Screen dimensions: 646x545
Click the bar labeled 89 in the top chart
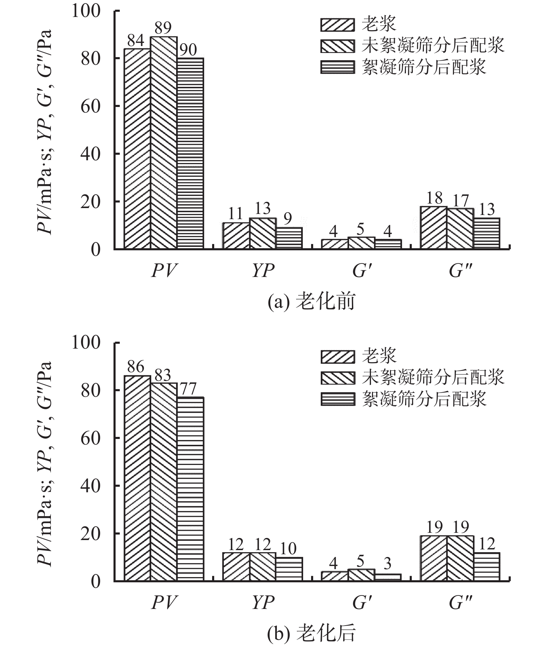[x=164, y=142]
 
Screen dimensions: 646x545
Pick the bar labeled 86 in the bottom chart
[x=137, y=478]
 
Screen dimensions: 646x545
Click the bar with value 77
[x=190, y=488]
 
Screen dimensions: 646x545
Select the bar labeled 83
[x=164, y=481]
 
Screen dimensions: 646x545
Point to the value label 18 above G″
[x=434, y=198]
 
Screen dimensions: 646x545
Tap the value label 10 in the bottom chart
[x=288, y=549]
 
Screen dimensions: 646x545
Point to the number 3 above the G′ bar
[x=388, y=564]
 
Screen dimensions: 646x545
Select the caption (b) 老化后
[x=311, y=633]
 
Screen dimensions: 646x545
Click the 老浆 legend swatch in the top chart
[x=337, y=25]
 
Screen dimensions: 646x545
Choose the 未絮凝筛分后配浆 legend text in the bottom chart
[x=433, y=377]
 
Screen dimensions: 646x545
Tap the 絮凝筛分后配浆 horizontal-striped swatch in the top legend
[x=337, y=67]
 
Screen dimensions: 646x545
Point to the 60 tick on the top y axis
[x=90, y=106]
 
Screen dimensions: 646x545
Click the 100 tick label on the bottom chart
[x=86, y=343]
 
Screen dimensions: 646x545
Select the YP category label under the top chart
[x=263, y=271]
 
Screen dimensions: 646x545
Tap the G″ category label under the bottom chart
[x=461, y=602]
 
